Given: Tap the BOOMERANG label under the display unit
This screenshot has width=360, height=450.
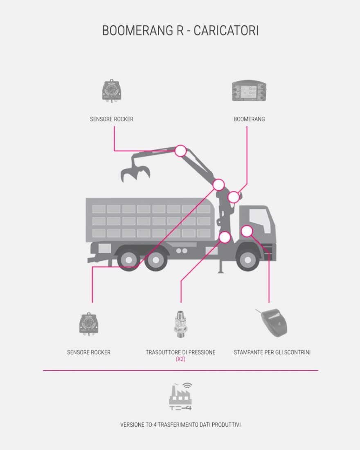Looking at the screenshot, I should click(249, 119).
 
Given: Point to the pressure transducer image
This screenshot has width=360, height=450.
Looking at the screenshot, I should click(180, 323).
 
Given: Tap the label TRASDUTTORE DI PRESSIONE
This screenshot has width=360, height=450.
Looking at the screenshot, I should click(180, 352).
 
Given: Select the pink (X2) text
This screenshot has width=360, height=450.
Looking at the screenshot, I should click(180, 359).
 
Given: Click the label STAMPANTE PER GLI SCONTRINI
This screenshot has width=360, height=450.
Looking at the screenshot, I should click(272, 352).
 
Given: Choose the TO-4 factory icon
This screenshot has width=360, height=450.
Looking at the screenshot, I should click(180, 397).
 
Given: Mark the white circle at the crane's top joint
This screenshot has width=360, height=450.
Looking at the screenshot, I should click(180, 151).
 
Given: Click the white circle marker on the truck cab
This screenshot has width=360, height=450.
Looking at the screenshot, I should click(246, 231).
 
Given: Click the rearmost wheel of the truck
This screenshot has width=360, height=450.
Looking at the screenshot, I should click(128, 259).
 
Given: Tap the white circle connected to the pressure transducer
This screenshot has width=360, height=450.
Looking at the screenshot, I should click(225, 237).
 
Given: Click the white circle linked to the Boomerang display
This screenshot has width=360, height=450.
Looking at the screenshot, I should click(234, 197).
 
